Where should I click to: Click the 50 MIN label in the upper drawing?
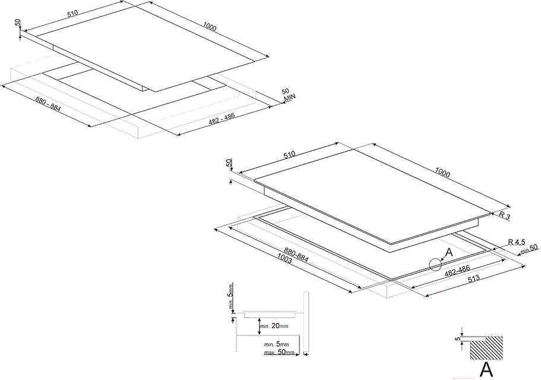click(289, 95)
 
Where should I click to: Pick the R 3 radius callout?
click(504, 216)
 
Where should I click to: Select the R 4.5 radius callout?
click(517, 241)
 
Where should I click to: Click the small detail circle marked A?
click(435, 265)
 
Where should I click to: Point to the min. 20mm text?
click(274, 326)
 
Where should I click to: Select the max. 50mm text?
click(280, 353)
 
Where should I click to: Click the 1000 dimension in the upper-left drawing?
click(210, 26)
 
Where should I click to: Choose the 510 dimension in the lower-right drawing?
click(289, 155)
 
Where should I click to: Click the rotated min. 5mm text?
click(231, 296)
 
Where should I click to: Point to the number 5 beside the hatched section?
click(459, 338)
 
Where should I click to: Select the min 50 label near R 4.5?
click(530, 248)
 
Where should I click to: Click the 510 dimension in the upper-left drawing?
click(73, 12)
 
